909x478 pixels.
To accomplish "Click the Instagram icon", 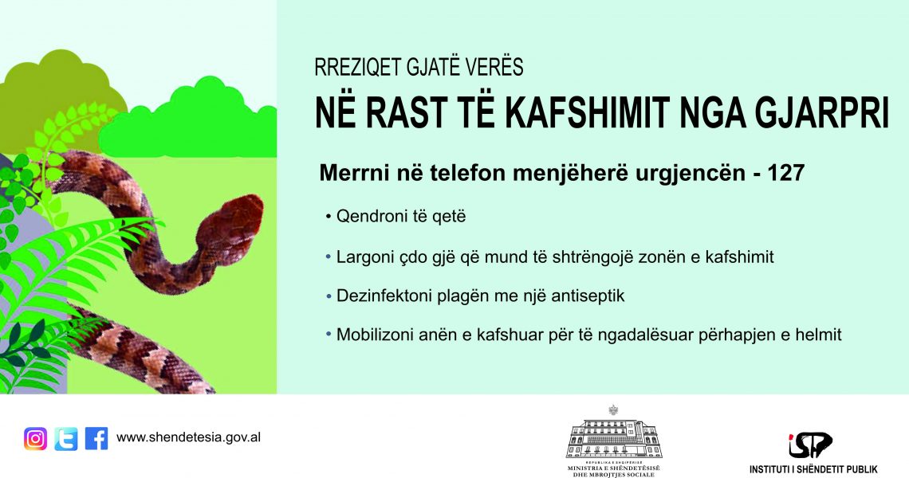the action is click(35, 439).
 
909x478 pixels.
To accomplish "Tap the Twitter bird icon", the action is click(66, 439).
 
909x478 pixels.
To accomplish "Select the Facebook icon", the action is click(96, 439).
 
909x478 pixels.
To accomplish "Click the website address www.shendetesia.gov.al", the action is click(188, 437).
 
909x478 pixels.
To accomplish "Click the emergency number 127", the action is click(786, 173).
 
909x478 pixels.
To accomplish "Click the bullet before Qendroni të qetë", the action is click(329, 217).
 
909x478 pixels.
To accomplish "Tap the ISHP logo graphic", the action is click(810, 445).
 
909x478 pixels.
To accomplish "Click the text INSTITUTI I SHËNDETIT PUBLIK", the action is click(813, 469).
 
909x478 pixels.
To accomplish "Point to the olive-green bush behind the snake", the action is click(58, 92).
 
